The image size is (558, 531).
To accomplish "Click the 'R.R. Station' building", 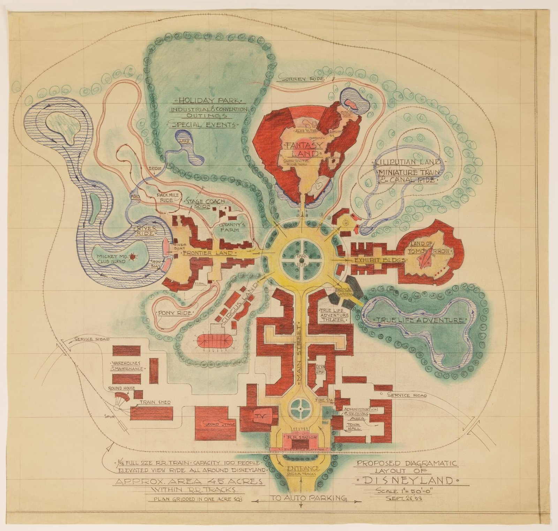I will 302,437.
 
